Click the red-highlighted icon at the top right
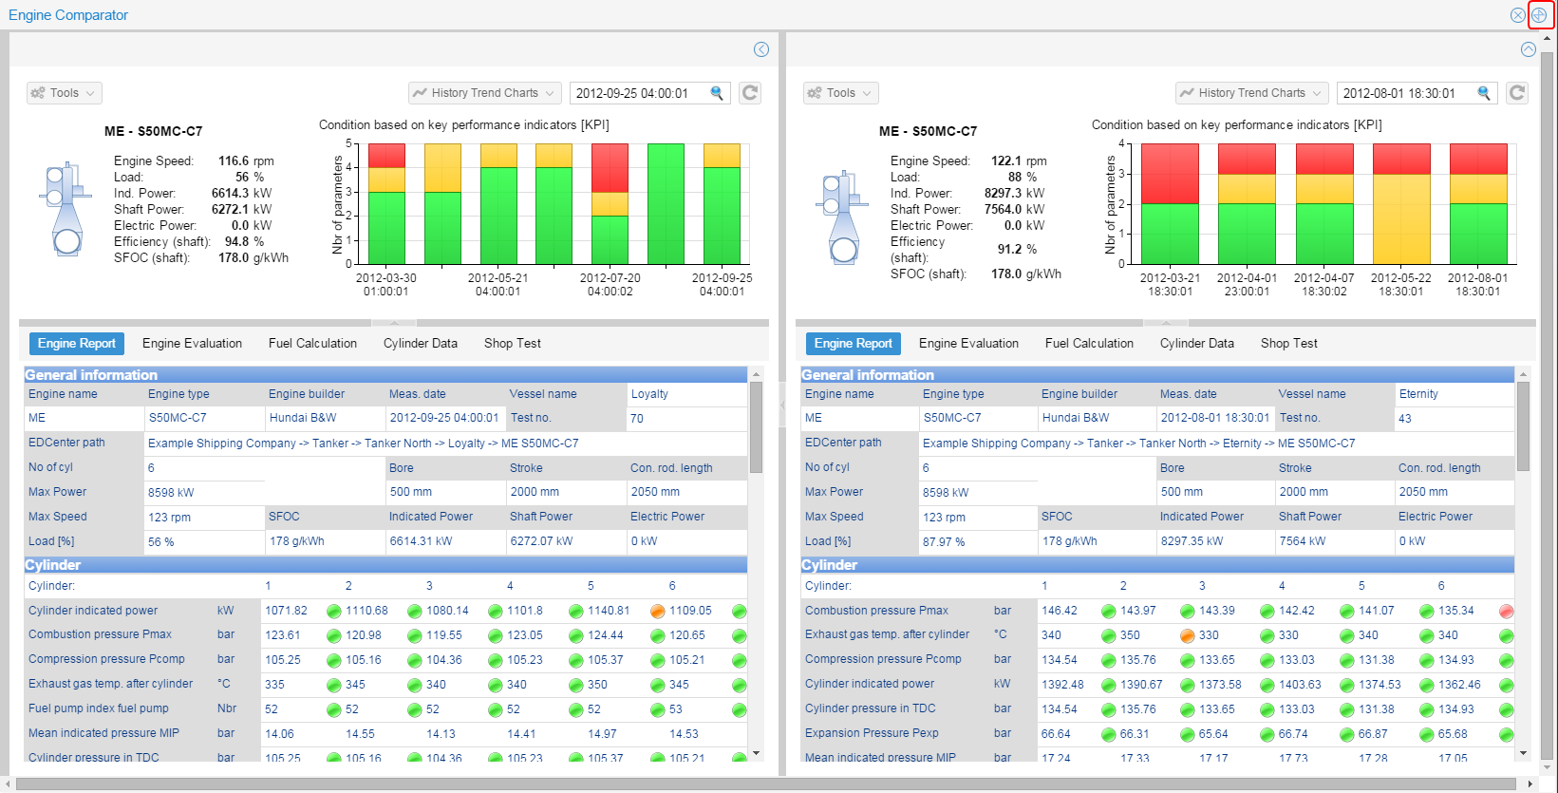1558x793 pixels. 1539,15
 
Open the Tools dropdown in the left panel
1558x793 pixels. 65,93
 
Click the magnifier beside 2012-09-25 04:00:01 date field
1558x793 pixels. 717,93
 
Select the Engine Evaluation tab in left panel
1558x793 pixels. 192,344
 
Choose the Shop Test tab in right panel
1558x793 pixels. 1288,344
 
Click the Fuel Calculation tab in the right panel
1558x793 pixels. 1089,344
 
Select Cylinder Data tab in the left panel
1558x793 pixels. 420,344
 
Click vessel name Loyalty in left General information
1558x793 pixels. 649,394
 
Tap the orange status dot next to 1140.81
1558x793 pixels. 657,611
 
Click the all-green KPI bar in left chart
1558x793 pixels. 666,204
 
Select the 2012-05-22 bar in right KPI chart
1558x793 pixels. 1400,204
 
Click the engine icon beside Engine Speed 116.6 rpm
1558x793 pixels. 65,209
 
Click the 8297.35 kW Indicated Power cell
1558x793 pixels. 1192,541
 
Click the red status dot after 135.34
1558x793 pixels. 1506,611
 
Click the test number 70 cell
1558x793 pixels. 637,419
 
